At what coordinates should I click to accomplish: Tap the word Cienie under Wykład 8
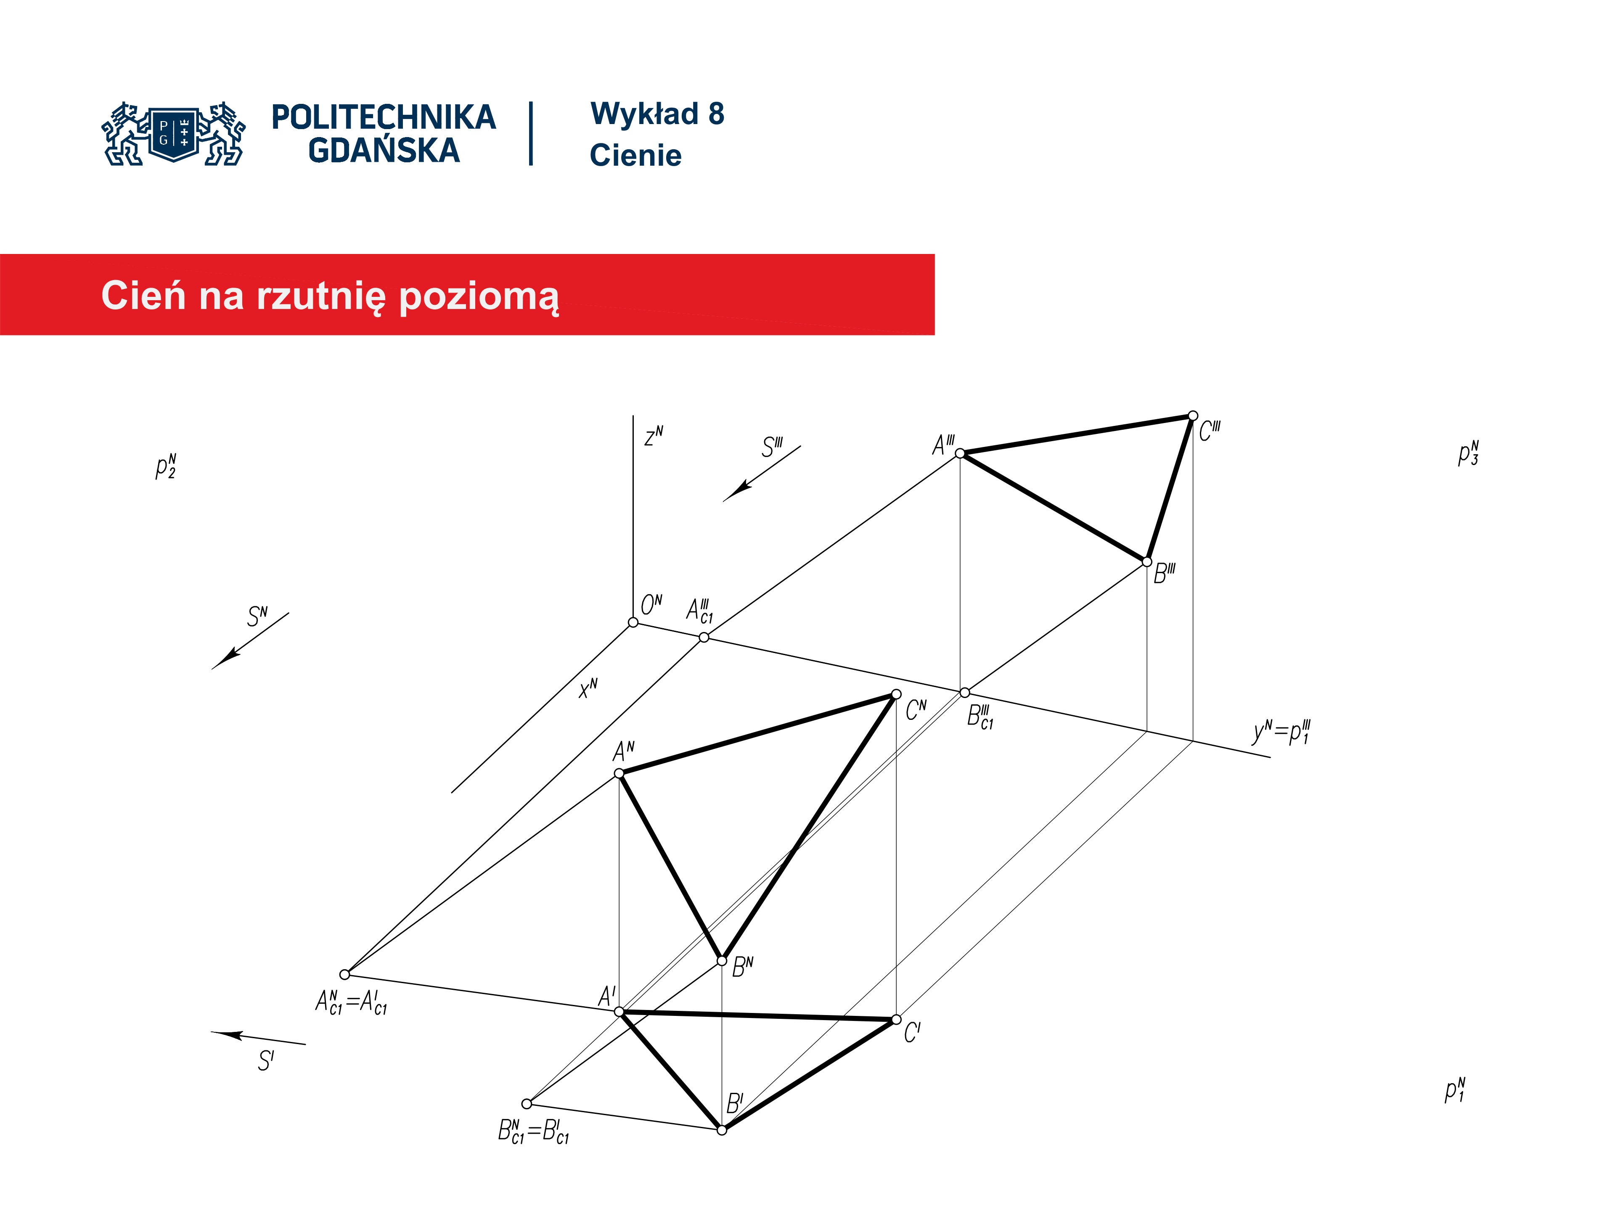tap(635, 156)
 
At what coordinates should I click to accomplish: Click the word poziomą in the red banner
tap(479, 297)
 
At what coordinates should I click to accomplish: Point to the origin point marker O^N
tap(633, 622)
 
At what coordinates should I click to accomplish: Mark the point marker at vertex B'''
tap(1147, 562)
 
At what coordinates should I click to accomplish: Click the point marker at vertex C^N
tap(897, 694)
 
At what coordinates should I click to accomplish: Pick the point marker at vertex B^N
tap(722, 961)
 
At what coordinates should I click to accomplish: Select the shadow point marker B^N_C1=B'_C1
tap(527, 1104)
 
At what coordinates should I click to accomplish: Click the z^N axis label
tap(654, 436)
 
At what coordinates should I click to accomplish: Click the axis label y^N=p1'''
tap(1281, 732)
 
